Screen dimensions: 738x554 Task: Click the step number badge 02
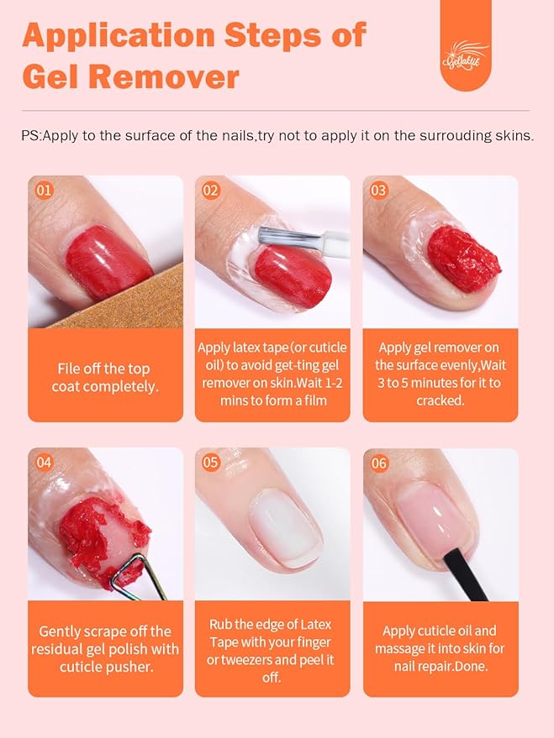(x=210, y=191)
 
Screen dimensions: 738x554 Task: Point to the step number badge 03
(x=378, y=191)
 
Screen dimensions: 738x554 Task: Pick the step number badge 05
(x=210, y=463)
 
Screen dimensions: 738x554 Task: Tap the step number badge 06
(x=378, y=463)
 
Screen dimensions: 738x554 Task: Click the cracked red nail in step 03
(x=463, y=257)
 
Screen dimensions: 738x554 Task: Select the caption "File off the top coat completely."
(x=105, y=377)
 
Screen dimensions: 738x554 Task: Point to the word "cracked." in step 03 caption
(x=440, y=400)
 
